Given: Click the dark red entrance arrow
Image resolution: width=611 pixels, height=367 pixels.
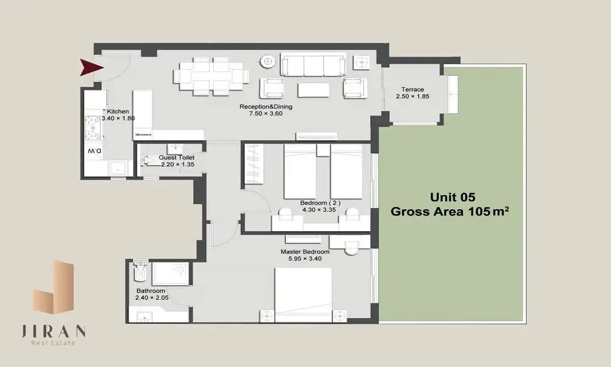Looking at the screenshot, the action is click(90, 67).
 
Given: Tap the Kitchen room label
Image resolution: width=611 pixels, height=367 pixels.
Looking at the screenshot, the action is click(118, 111).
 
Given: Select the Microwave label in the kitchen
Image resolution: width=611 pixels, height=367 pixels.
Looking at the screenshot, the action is click(144, 135).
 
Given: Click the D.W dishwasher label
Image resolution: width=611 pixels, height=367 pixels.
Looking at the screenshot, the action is click(94, 150).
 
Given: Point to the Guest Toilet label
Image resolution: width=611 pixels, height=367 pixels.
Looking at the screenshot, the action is click(177, 158).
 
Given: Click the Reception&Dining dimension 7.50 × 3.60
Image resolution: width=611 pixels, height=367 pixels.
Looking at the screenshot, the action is click(266, 114).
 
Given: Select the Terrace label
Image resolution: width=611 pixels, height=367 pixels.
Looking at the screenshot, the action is click(412, 89).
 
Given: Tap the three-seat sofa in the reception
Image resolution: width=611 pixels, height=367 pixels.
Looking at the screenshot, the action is click(313, 65).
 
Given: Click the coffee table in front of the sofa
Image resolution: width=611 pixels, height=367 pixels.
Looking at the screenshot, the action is click(313, 90).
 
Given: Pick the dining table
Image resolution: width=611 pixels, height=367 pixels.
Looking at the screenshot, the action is click(211, 76).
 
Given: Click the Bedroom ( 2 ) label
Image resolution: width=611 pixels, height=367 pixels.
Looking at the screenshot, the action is click(320, 203).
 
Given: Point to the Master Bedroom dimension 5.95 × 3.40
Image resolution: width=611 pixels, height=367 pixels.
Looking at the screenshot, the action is click(305, 259).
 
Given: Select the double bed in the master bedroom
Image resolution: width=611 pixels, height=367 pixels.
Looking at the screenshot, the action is click(303, 294).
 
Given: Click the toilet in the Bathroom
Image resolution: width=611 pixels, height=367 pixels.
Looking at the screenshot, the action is click(140, 271).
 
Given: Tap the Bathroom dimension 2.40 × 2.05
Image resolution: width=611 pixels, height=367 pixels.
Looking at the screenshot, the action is click(152, 298).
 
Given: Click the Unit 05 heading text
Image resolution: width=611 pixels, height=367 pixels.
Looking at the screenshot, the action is click(453, 197).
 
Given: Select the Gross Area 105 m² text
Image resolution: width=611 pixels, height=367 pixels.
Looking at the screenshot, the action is click(450, 212).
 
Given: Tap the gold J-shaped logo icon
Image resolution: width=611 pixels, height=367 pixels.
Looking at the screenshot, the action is click(53, 287).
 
